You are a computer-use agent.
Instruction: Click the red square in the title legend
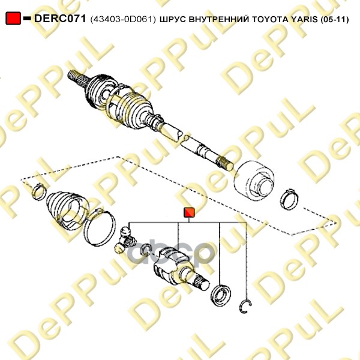13,19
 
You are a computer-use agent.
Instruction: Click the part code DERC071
60,19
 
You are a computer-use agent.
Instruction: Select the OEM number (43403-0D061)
123,20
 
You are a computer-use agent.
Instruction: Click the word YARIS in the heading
304,20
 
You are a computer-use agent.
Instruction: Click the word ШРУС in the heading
173,20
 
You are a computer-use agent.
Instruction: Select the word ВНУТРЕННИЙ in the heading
219,20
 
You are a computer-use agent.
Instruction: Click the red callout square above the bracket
189,212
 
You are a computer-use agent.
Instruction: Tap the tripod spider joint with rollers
125,240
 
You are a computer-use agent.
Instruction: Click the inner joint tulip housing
179,268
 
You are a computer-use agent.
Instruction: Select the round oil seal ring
221,295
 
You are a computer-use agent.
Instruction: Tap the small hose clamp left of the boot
38,191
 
